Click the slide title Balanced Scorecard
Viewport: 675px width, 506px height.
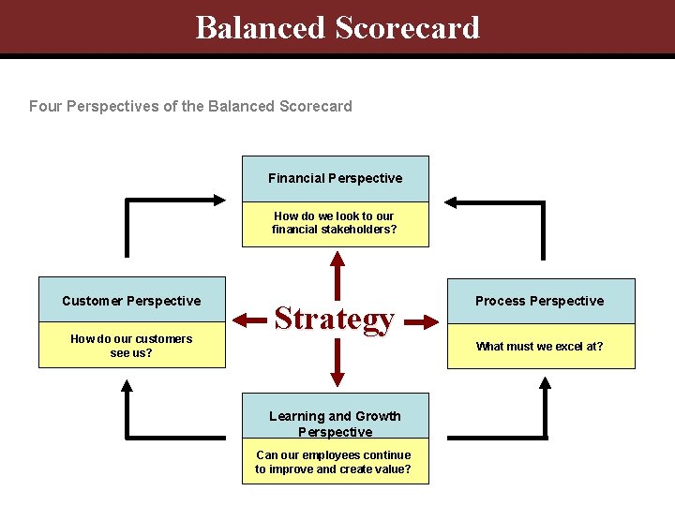pyautogui.click(x=337, y=27)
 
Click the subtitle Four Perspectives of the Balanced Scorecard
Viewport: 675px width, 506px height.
pyautogui.click(x=190, y=106)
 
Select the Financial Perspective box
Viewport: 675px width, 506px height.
pyautogui.click(x=335, y=178)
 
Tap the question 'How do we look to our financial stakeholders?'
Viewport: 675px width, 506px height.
pyautogui.click(x=335, y=223)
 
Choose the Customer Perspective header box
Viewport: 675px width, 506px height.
pyautogui.click(x=131, y=300)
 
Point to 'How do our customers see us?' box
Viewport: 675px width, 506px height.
pyautogui.click(x=131, y=346)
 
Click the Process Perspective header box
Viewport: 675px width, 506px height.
pyautogui.click(x=540, y=300)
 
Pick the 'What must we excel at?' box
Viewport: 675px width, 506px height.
pyautogui.click(x=540, y=347)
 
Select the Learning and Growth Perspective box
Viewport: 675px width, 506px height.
pyautogui.click(x=335, y=424)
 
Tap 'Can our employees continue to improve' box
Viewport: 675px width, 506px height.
pyautogui.click(x=334, y=461)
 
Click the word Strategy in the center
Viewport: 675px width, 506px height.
pyautogui.click(x=334, y=320)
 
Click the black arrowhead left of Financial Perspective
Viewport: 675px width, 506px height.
pyautogui.click(x=218, y=199)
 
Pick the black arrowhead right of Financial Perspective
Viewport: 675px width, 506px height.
pyautogui.click(x=451, y=201)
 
